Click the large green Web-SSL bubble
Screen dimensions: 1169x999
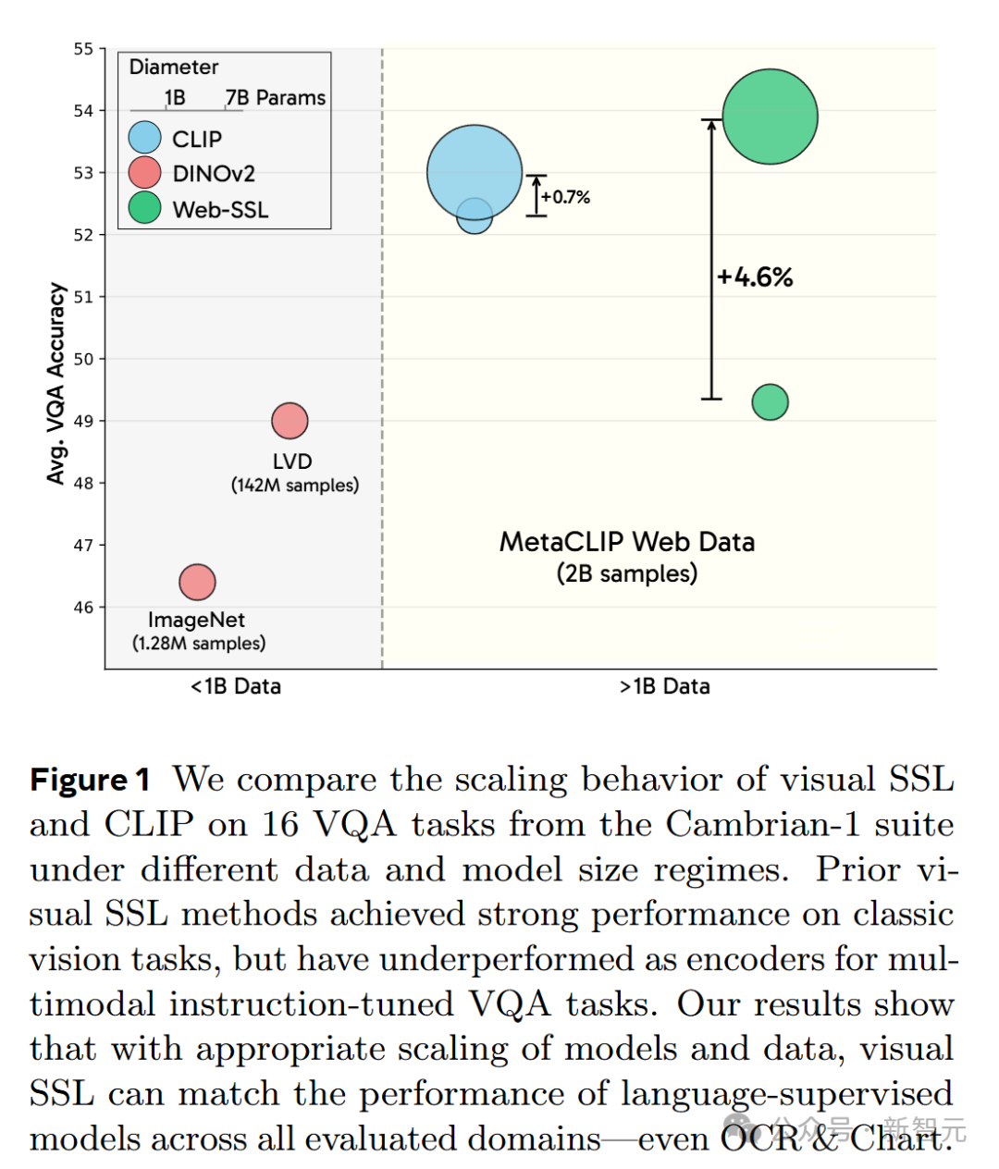(x=770, y=117)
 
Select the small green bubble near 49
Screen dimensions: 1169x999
(x=770, y=402)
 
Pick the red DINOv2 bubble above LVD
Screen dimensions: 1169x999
(x=290, y=421)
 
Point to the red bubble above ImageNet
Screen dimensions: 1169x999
(x=197, y=582)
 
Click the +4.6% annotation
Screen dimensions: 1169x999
(x=755, y=277)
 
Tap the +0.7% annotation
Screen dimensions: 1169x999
(x=565, y=197)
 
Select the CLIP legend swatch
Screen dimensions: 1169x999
(x=145, y=138)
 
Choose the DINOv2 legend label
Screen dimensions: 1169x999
(x=214, y=174)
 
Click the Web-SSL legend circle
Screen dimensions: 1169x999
(x=145, y=208)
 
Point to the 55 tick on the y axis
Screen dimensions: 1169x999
(x=84, y=49)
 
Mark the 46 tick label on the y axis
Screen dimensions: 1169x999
(x=84, y=608)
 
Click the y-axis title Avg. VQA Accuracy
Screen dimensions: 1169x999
(x=56, y=383)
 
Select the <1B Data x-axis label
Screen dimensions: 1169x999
(x=236, y=686)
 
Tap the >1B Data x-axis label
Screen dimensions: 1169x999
(x=664, y=686)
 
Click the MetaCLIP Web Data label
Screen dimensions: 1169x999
(x=627, y=542)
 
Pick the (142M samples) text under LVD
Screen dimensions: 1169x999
(x=295, y=486)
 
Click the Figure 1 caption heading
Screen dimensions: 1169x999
(x=90, y=780)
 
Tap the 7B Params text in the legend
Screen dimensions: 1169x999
(x=276, y=98)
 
